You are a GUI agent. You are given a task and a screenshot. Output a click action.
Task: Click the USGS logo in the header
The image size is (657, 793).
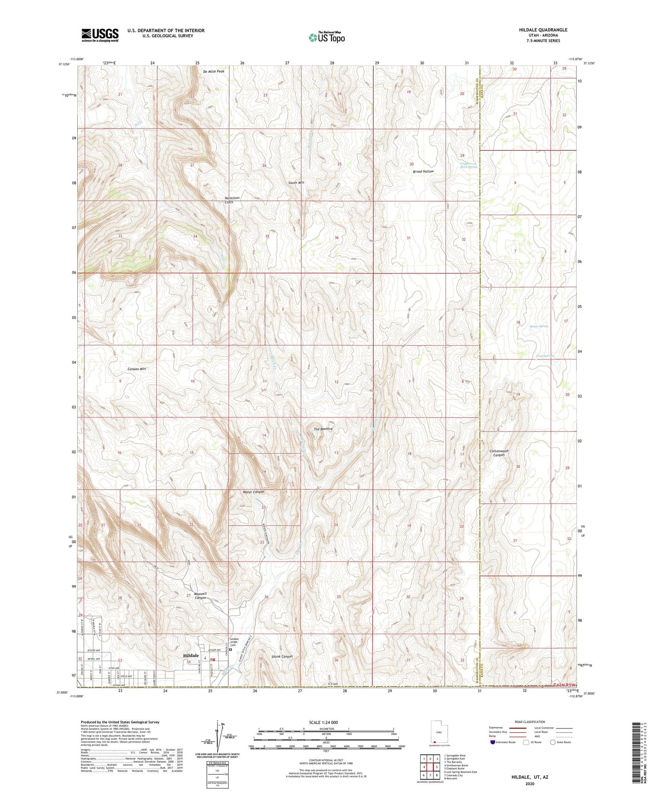[x=100, y=35]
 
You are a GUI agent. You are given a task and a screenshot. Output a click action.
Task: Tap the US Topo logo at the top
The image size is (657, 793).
[x=326, y=37]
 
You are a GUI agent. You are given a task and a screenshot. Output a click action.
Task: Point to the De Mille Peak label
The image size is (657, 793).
[x=214, y=71]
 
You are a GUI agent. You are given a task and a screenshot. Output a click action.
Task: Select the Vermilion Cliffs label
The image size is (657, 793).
[x=232, y=200]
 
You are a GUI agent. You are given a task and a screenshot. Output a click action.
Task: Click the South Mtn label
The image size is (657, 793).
[x=296, y=183]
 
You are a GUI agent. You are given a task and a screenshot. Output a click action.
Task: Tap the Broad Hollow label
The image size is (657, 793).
[x=423, y=172]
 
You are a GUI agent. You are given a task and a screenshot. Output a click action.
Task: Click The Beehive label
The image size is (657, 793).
[x=323, y=429]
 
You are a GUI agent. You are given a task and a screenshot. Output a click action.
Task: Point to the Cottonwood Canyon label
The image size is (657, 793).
[x=499, y=453]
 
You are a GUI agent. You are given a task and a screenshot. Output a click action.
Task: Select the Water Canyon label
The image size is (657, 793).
[x=253, y=492]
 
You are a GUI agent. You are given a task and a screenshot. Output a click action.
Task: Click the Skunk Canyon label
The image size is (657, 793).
[x=282, y=656]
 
